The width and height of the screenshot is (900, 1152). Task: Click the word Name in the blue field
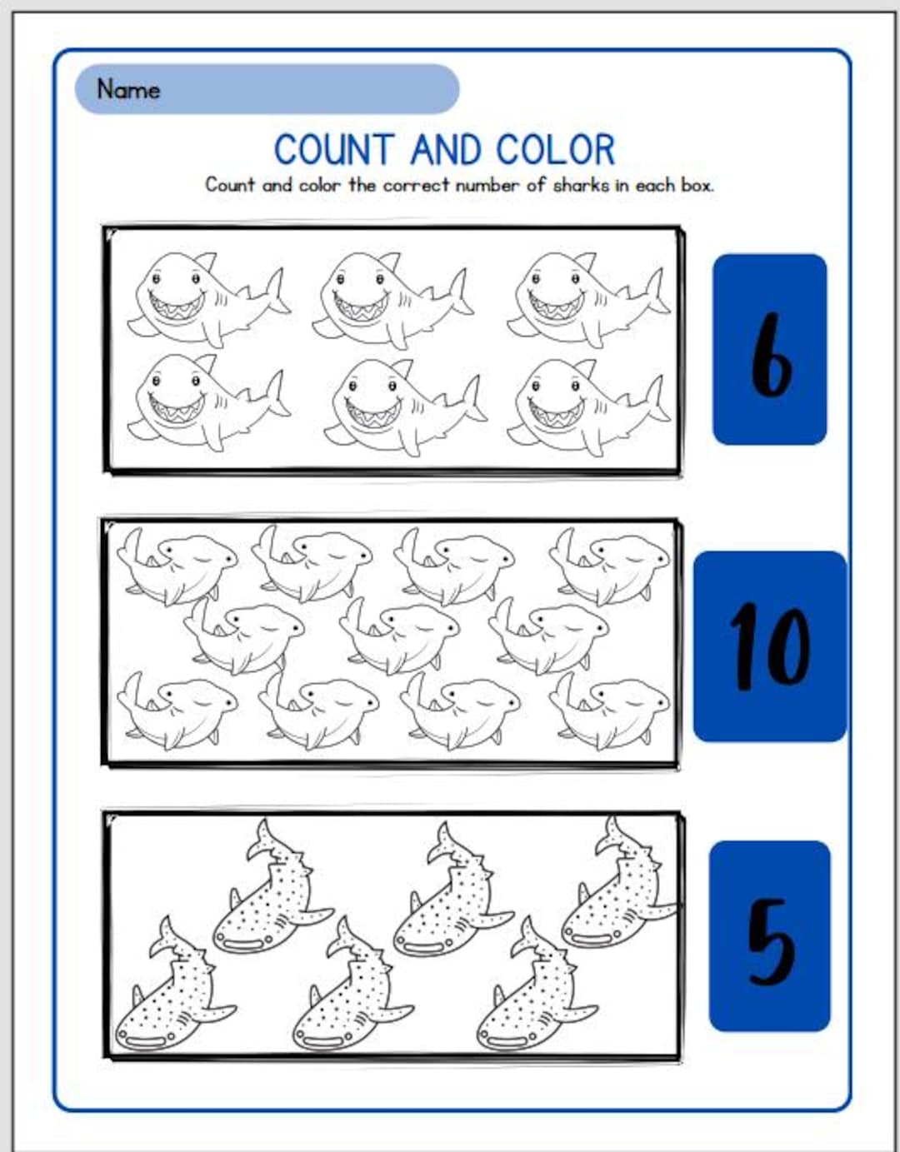coord(127,88)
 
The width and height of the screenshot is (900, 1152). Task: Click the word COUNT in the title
coord(332,151)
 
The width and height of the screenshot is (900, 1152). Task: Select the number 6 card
coord(769,349)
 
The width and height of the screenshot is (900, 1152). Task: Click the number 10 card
coord(769,646)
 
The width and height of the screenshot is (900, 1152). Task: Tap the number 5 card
coord(769,936)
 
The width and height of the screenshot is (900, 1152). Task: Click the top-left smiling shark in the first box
coord(204,298)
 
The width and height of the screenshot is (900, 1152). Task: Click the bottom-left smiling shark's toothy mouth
coord(176,409)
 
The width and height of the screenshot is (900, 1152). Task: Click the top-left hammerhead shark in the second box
coord(177,566)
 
